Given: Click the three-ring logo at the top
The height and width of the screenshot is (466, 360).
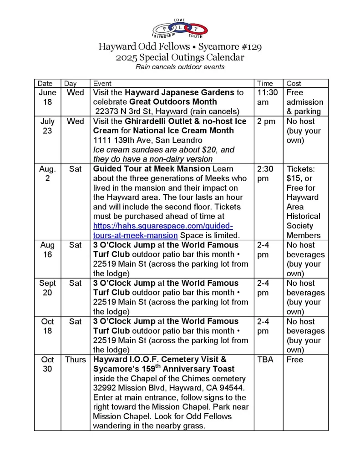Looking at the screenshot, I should tap(180, 29).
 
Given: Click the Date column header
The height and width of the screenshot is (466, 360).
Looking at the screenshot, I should tap(45, 83).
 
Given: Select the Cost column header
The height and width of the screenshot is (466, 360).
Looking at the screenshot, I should tap(294, 83).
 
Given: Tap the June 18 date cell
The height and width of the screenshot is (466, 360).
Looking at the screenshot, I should tap(47, 97).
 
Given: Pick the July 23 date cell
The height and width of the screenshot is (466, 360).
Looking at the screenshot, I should tap(47, 126).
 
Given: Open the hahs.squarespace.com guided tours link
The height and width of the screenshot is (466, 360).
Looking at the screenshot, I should tap(163, 231).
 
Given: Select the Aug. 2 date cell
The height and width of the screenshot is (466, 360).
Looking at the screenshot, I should tap(47, 173).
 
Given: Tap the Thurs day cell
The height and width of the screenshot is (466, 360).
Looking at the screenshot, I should tap(76, 360).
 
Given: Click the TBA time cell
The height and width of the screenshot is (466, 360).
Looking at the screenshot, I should tap(265, 360).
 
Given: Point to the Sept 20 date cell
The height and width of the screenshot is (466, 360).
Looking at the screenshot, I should tap(47, 288).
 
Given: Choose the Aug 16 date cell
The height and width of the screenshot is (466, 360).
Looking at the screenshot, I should tap(47, 250).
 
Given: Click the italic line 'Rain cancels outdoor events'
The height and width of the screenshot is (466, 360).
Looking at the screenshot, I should tap(180, 67).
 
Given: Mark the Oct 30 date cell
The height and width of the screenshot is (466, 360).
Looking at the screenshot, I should tap(47, 364).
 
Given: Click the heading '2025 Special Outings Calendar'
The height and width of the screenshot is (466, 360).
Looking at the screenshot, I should tap(180, 57).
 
